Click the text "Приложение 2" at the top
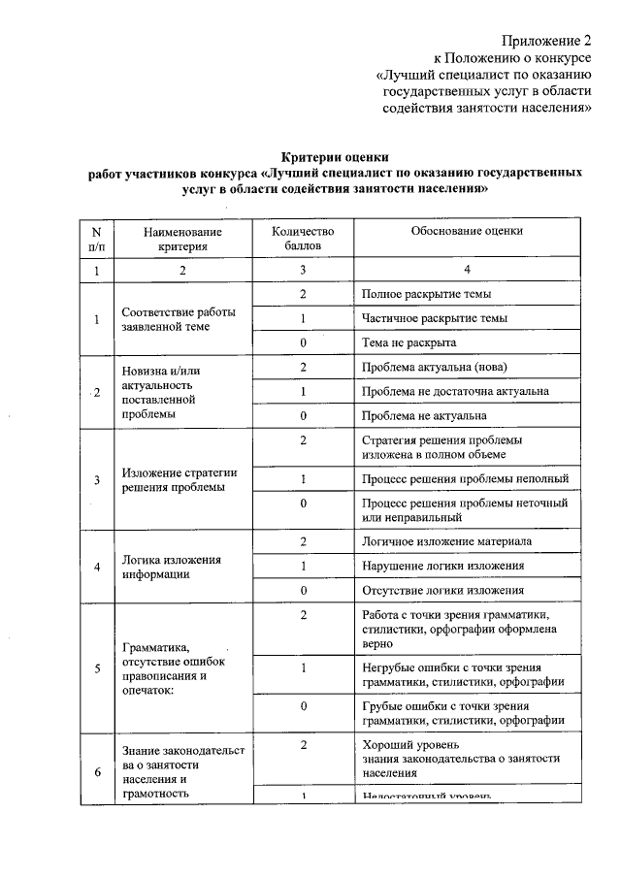click(545, 41)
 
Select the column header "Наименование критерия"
click(182, 240)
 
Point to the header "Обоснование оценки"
click(466, 232)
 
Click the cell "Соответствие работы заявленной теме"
click(179, 319)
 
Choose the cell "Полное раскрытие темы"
click(426, 294)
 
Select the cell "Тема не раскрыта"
click(409, 342)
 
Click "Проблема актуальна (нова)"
click(434, 368)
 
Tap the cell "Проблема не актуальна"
click(424, 416)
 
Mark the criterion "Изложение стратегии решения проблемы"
click(180, 480)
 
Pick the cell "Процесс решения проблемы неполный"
click(465, 479)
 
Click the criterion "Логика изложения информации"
click(172, 567)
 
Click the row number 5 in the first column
click(96, 669)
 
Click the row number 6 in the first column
click(96, 772)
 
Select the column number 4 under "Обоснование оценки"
click(466, 271)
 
